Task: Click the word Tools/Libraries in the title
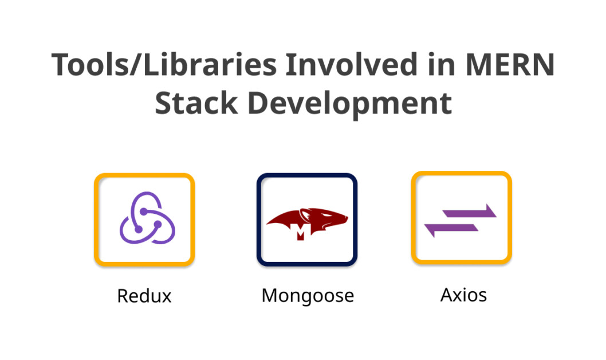pyautogui.click(x=164, y=65)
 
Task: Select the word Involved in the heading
pyautogui.click(x=352, y=64)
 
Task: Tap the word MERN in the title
pyautogui.click(x=510, y=65)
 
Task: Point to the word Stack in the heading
pyautogui.click(x=196, y=103)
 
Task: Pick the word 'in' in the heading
pyautogui.click(x=442, y=65)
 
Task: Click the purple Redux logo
pyautogui.click(x=147, y=218)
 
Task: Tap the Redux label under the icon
pyautogui.click(x=144, y=296)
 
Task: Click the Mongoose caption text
pyautogui.click(x=308, y=296)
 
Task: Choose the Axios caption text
pyautogui.click(x=463, y=295)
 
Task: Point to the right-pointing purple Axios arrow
pyautogui.click(x=469, y=212)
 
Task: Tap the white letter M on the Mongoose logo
pyautogui.click(x=300, y=232)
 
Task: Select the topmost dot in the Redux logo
pyautogui.click(x=144, y=212)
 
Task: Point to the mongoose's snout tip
pyautogui.click(x=347, y=218)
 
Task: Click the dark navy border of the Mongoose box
pyautogui.click(x=307, y=175)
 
